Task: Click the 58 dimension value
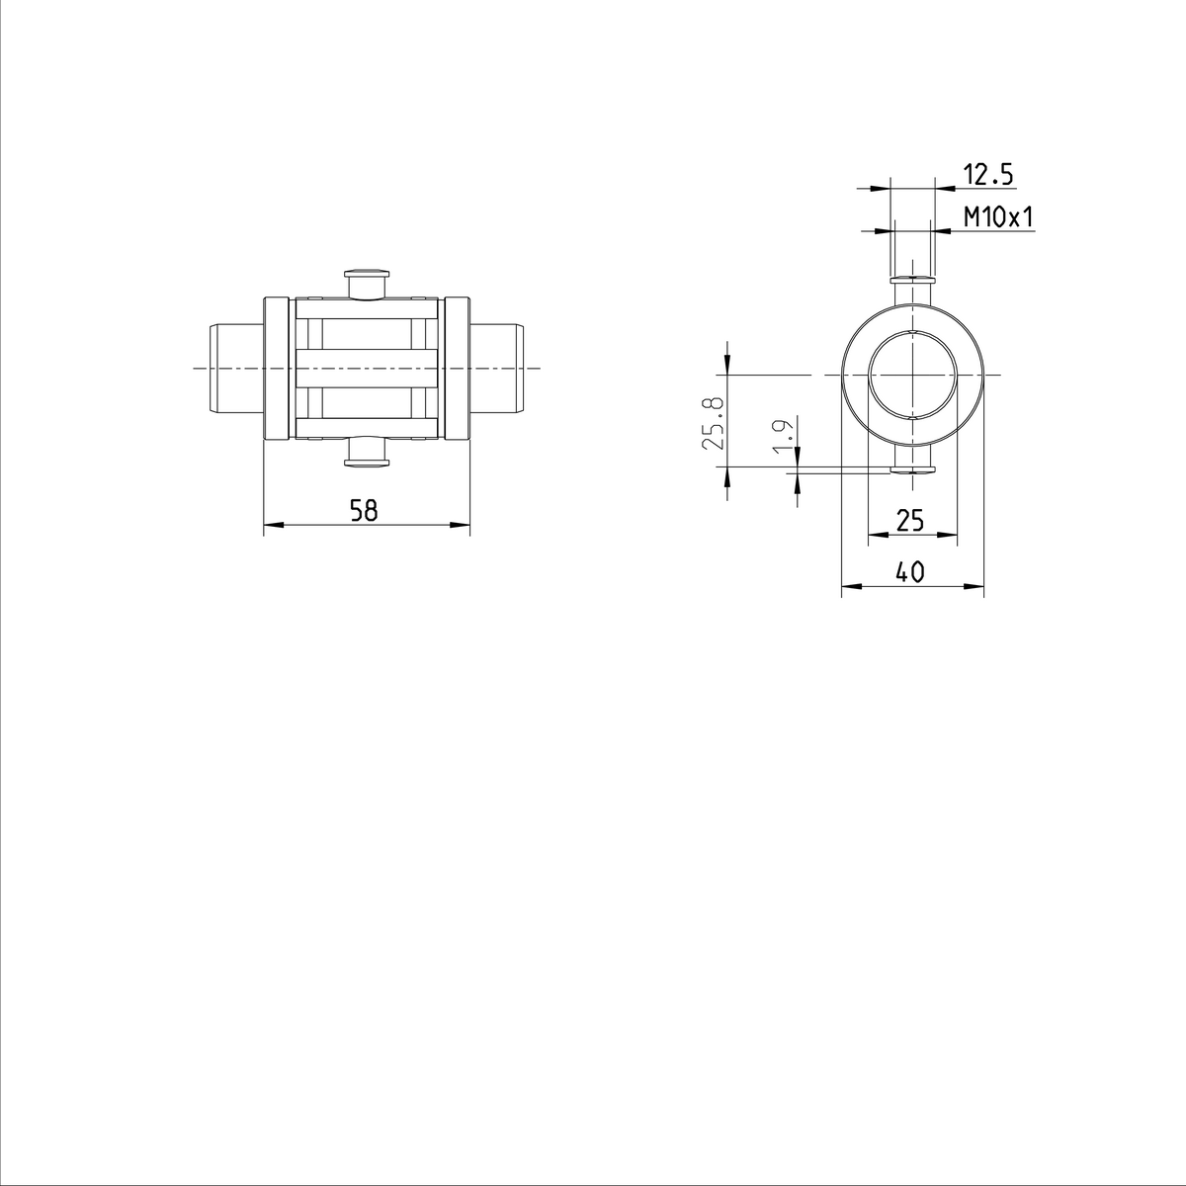point(365,510)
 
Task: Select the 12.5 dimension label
point(988,175)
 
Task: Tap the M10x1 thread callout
point(998,217)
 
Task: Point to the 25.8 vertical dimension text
point(713,423)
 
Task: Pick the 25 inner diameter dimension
point(910,520)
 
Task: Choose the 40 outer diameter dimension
point(910,571)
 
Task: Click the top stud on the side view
point(367,283)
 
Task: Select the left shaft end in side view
point(235,368)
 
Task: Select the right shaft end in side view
point(496,368)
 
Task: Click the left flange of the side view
point(277,368)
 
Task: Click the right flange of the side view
point(456,368)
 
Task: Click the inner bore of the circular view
point(912,375)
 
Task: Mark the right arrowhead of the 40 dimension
point(977,587)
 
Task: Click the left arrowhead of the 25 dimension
point(875,536)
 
